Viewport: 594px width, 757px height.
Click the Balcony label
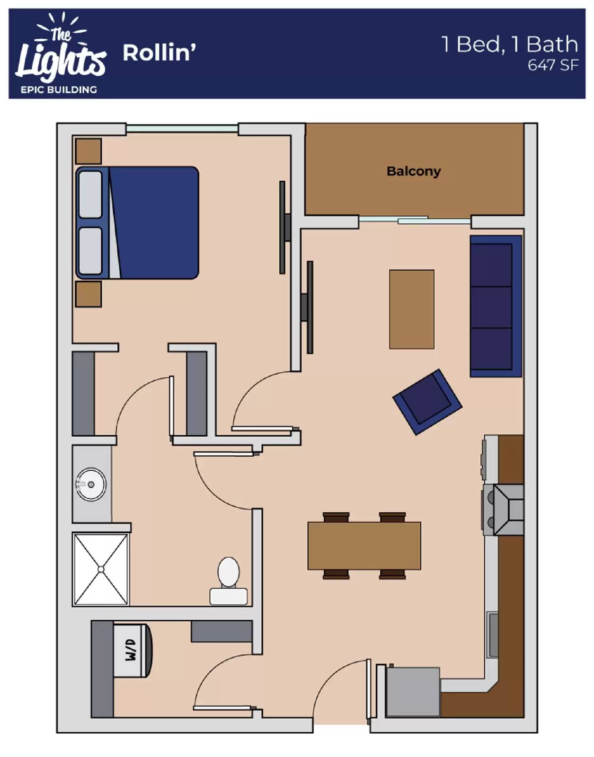pos(413,171)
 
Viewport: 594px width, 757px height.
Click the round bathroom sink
pos(90,484)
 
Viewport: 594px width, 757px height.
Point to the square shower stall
pos(101,569)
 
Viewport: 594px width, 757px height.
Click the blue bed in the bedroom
pos(137,223)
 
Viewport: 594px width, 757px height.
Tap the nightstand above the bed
pos(89,151)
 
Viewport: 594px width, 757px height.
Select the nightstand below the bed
pos(89,294)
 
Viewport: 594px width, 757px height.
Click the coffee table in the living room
pos(411,309)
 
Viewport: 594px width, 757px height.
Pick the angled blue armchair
pos(427,402)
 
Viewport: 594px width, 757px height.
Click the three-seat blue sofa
pos(496,306)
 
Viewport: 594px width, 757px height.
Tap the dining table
pos(364,546)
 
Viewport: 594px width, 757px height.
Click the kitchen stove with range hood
pos(503,510)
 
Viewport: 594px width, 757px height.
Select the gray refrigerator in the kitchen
pos(413,692)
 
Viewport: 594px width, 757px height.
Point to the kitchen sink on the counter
pos(493,634)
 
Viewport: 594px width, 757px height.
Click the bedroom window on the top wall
pos(182,129)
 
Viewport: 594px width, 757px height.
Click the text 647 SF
pos(553,65)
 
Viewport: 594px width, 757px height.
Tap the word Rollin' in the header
pos(159,53)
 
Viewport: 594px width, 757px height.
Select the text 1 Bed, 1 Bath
pos(510,44)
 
